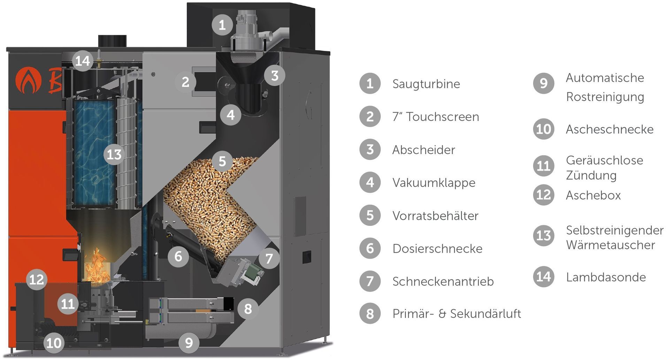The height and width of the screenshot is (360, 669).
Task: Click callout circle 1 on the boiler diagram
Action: [222, 25]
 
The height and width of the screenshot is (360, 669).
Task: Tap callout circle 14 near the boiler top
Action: [83, 61]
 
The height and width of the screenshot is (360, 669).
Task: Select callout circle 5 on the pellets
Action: [222, 161]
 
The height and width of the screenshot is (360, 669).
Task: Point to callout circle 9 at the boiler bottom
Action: [189, 343]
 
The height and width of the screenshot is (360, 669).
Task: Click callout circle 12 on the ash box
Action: [37, 279]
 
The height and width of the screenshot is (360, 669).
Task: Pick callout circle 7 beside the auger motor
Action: [269, 259]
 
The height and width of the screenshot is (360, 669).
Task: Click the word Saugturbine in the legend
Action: [426, 84]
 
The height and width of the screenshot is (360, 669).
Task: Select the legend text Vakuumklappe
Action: [433, 183]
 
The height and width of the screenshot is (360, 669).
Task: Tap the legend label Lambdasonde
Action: [606, 277]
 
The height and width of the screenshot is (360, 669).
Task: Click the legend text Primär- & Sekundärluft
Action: [456, 314]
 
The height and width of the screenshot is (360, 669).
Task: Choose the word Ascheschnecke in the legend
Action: [609, 129]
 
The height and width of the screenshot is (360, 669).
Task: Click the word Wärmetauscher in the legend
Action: [610, 245]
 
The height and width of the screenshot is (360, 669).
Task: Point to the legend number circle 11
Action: [544, 166]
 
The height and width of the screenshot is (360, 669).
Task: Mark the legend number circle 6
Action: [370, 248]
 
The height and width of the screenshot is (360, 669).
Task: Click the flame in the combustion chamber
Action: [97, 267]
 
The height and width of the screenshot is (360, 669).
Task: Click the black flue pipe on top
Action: [112, 41]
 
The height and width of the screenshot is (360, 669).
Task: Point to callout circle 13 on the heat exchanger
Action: [114, 154]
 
